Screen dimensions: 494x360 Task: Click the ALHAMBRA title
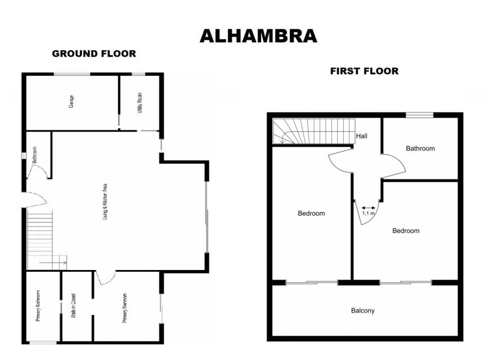258,36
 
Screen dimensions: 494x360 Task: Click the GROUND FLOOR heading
94,53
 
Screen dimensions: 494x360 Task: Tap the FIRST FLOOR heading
364,71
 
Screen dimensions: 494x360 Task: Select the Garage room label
71,101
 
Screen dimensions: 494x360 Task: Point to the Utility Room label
140,103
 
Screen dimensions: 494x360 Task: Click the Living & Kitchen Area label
105,201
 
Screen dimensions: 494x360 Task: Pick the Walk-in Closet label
73,305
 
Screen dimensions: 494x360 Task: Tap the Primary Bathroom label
38,305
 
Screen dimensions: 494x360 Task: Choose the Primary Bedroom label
125,308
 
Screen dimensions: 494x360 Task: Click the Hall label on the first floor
362,136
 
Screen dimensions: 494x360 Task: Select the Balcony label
363,310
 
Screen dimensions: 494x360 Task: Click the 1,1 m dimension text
369,213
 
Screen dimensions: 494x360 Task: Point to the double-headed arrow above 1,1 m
369,208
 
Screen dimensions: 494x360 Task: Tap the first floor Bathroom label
420,148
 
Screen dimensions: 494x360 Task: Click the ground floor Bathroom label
35,155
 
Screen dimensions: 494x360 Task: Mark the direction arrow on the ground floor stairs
53,262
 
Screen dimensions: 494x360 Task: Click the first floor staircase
314,131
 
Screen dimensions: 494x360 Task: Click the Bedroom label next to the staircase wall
311,213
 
